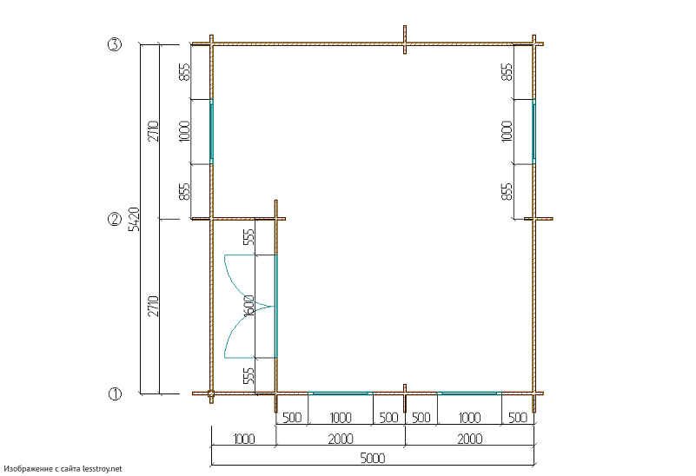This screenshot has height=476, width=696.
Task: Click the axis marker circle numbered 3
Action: (x=115, y=44)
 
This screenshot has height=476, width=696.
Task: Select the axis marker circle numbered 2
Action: (x=115, y=219)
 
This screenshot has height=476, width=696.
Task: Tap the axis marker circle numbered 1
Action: (x=115, y=393)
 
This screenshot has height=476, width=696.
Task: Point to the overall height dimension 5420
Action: (x=134, y=219)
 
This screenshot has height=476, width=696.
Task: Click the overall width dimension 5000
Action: (x=373, y=459)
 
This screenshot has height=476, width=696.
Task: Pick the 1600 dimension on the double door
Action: (x=249, y=306)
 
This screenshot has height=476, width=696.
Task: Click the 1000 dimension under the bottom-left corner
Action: (x=243, y=440)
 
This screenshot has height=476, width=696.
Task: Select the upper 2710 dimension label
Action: (x=153, y=131)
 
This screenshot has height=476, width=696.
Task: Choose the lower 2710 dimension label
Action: (x=153, y=306)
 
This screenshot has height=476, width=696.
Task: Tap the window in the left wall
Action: (x=211, y=131)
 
